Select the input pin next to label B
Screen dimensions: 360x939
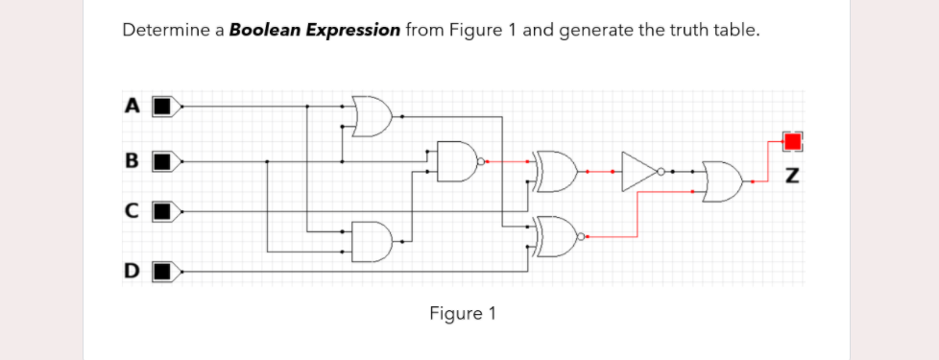pos(166,160)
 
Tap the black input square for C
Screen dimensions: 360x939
pos(166,209)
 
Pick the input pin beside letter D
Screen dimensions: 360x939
pos(166,272)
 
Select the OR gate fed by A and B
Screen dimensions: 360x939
pos(373,115)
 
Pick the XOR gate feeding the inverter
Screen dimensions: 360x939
pos(557,171)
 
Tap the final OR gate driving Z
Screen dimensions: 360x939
pos(722,181)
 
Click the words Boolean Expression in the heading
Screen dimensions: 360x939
pos(315,30)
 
